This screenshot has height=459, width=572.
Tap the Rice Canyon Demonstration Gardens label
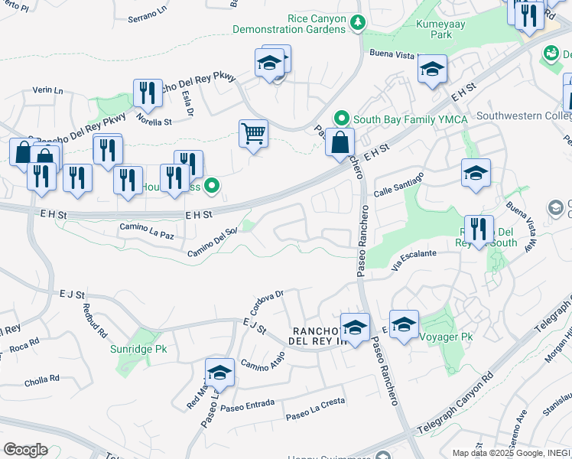coord(317,24)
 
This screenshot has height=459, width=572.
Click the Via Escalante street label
coord(414,259)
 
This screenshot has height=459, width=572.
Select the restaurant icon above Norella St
coord(148,93)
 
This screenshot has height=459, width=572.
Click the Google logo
coord(25,450)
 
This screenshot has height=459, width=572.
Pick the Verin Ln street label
coord(47,90)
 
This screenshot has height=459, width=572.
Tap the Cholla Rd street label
coord(42,379)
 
